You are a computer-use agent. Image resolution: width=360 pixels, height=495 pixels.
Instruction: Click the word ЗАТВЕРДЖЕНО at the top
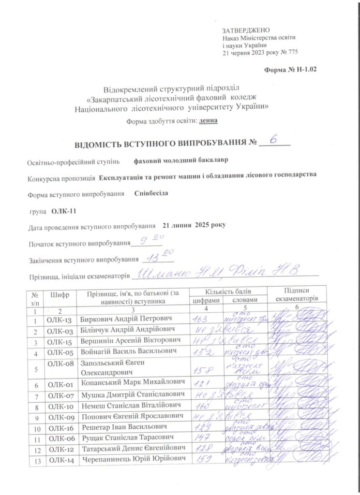(242, 30)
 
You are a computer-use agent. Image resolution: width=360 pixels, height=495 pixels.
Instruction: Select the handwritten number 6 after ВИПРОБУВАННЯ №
(274, 140)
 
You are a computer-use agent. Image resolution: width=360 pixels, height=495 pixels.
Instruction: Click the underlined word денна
(208, 121)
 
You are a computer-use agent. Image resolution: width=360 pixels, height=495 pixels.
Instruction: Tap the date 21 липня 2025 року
(194, 225)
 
